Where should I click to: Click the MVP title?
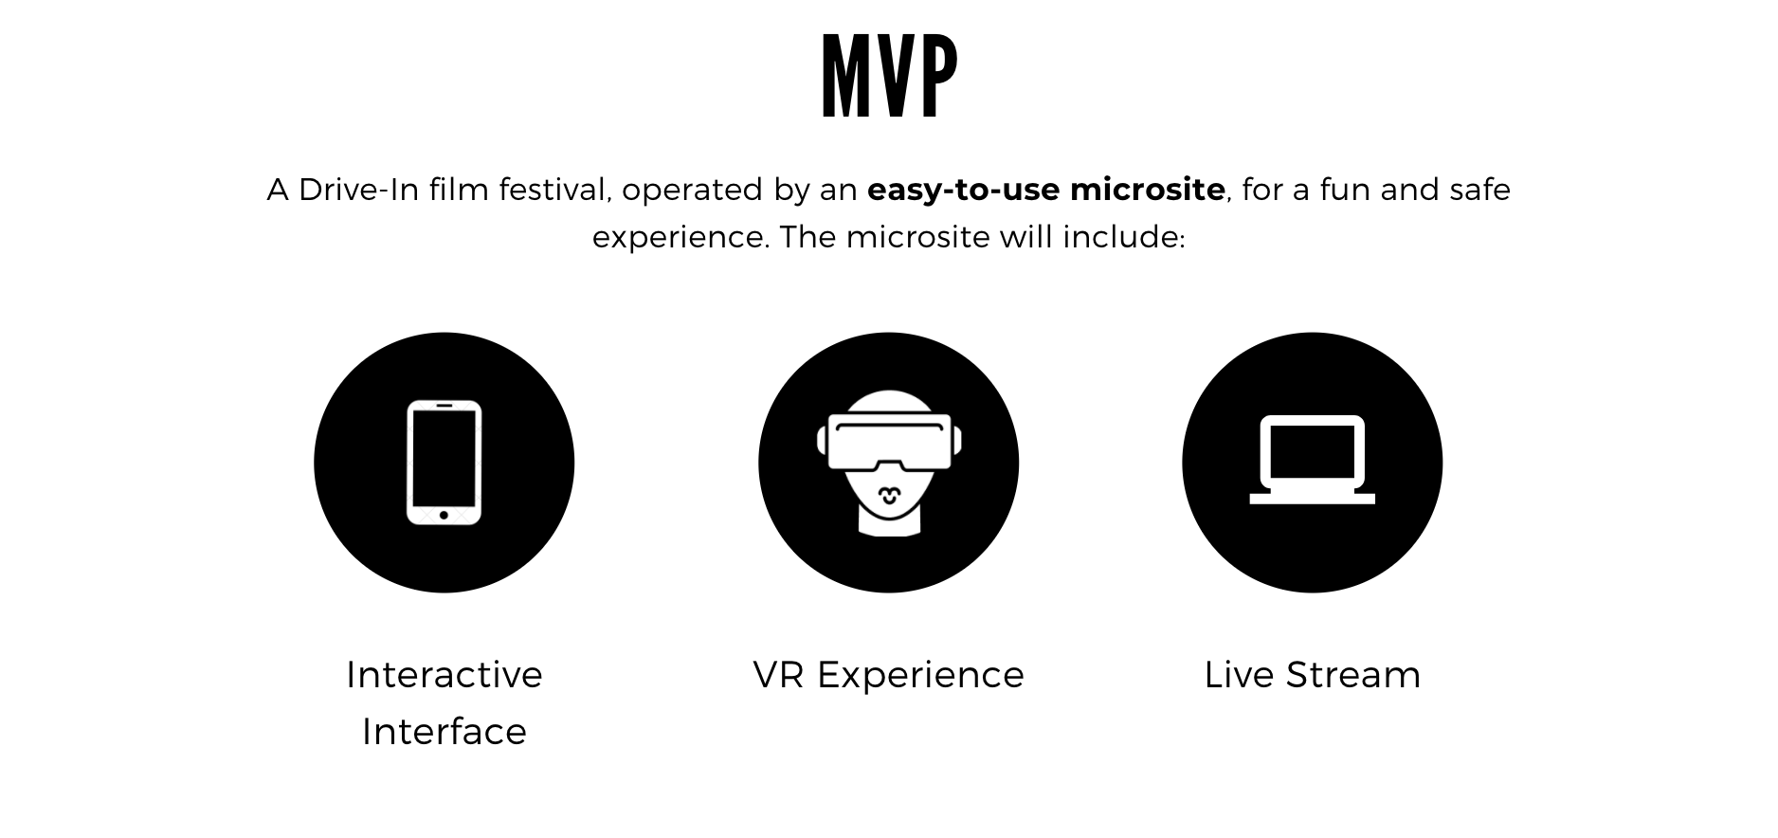pyautogui.click(x=889, y=77)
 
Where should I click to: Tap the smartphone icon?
pyautogui.click(x=444, y=463)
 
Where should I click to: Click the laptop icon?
pyautogui.click(x=1312, y=460)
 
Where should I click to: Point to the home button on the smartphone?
pyautogui.click(x=444, y=515)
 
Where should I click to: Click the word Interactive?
pyautogui.click(x=444, y=675)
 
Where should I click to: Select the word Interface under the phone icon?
pyautogui.click(x=444, y=732)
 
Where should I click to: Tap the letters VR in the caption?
pyautogui.click(x=779, y=675)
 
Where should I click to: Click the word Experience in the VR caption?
pyautogui.click(x=920, y=676)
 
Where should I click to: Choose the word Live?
pyautogui.click(x=1239, y=675)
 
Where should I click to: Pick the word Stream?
pyautogui.click(x=1353, y=675)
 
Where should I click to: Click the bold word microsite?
pyautogui.click(x=1147, y=190)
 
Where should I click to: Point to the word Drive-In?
pyautogui.click(x=358, y=190)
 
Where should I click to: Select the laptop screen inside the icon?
pyautogui.click(x=1312, y=451)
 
